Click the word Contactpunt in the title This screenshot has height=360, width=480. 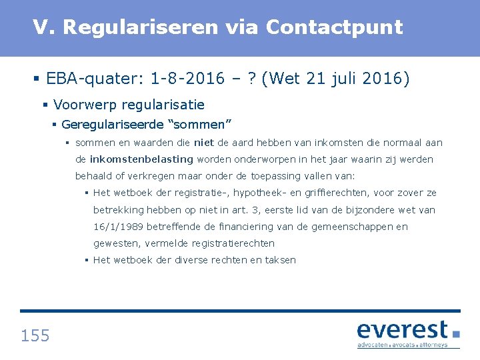click(334, 27)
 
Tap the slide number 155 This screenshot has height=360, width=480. click(35, 335)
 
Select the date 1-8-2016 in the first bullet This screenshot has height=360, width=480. click(188, 79)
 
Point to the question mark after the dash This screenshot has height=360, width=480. click(252, 79)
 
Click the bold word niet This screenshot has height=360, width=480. click(203, 143)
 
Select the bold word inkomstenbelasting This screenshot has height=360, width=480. click(141, 159)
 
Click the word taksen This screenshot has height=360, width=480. click(280, 260)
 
